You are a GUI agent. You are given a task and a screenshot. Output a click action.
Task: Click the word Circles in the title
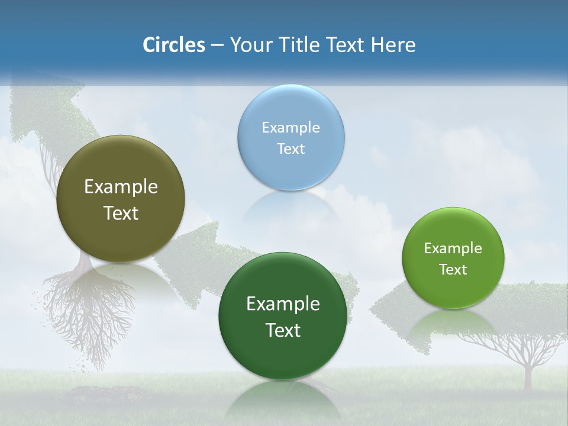coord(173,45)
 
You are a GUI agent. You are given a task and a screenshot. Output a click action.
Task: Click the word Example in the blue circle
coord(291,127)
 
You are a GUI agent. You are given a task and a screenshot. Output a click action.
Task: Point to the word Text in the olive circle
coord(121,214)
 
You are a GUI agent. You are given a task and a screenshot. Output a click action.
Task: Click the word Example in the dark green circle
coord(283,304)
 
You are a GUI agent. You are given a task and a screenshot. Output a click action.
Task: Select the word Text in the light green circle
coord(453,270)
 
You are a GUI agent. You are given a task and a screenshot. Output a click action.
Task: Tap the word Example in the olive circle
coord(121,187)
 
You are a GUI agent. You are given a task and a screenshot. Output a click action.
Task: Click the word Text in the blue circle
coord(291,149)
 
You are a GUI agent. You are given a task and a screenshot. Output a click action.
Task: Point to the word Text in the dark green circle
coord(283,330)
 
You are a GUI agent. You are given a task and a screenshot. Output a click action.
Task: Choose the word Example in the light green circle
coord(453,248)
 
